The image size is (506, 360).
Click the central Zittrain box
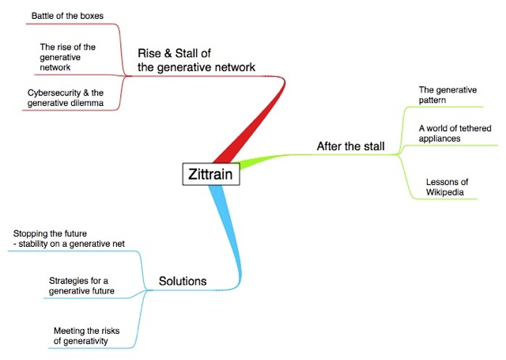point(211,174)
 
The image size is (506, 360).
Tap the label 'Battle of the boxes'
point(67,16)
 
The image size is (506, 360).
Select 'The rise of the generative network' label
point(68,57)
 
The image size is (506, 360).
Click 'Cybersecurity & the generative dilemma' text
point(66,98)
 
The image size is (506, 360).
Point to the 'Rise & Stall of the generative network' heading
point(196,60)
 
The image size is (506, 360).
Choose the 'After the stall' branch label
point(350,146)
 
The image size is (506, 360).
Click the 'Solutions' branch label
point(183,281)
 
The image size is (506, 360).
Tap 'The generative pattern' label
point(447,95)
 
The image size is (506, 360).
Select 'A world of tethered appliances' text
point(455,134)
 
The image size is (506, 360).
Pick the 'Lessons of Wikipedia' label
point(447,187)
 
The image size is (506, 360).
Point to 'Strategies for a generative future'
point(81,286)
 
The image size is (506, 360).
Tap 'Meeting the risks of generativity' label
point(86,335)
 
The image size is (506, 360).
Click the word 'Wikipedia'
point(444,192)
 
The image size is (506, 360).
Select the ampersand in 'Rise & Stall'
point(168,53)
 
